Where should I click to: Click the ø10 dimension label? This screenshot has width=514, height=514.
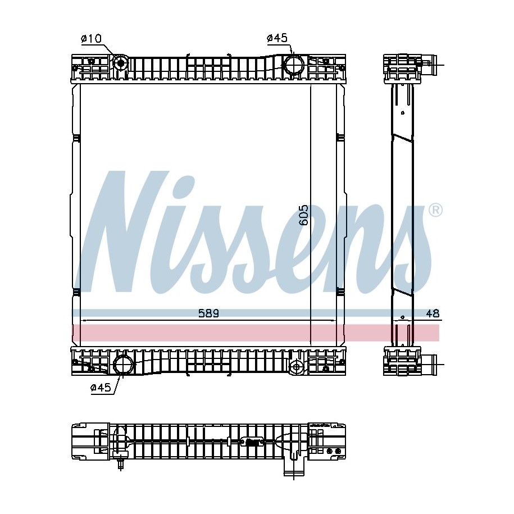(x=92, y=39)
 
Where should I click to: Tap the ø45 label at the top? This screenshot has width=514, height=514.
(x=278, y=38)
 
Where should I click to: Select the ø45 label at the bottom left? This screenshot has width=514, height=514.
(x=101, y=388)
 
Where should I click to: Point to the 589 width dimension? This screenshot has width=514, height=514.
(x=208, y=313)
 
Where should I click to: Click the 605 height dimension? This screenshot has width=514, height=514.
(x=303, y=215)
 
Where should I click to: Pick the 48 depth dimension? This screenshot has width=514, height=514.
(x=433, y=313)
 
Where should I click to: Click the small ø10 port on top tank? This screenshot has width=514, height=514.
(x=121, y=62)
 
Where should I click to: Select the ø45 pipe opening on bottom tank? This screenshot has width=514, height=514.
(x=123, y=365)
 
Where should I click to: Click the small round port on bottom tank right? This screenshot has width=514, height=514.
(x=297, y=367)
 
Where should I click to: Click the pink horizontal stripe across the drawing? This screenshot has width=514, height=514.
(x=256, y=333)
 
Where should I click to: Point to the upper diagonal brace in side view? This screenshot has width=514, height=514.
(x=403, y=137)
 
